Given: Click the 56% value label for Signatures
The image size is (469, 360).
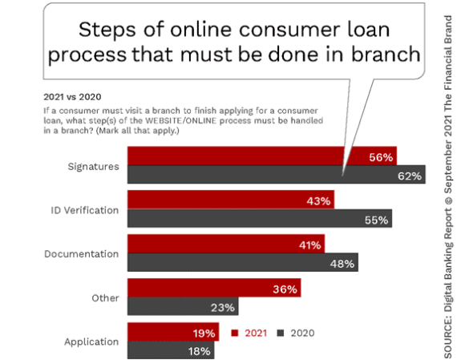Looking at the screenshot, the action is tap(381, 157).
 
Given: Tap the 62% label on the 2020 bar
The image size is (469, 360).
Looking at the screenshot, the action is tap(410, 176).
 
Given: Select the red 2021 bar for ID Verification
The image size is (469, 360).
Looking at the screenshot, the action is tap(231, 200).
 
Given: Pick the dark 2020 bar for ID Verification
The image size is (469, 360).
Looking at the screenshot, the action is tap(260, 218).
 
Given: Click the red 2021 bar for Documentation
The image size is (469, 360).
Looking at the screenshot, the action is tap(226, 244).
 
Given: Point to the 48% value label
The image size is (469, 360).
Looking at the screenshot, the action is tap(342, 264).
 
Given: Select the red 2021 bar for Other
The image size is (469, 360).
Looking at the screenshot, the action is tap(214, 288).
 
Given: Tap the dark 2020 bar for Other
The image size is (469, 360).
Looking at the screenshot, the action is tap(183, 306).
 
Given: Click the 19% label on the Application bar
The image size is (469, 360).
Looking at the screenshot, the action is tap(204, 334).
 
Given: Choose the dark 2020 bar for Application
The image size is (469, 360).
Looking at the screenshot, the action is tap(171, 350).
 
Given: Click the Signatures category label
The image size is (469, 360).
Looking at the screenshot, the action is tap(93, 167).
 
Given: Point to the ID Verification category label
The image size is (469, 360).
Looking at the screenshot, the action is tap(85, 210).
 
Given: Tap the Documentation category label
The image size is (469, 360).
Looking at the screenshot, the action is tap(81, 254).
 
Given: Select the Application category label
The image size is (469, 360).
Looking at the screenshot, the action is tap(91, 342).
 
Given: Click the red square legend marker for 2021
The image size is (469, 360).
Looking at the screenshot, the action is tap(235, 333).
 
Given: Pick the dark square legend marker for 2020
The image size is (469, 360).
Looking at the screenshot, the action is tap(281, 333).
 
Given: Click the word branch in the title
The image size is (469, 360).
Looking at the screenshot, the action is tap(386, 55).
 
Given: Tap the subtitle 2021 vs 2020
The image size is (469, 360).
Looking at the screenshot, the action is tap(72, 97).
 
